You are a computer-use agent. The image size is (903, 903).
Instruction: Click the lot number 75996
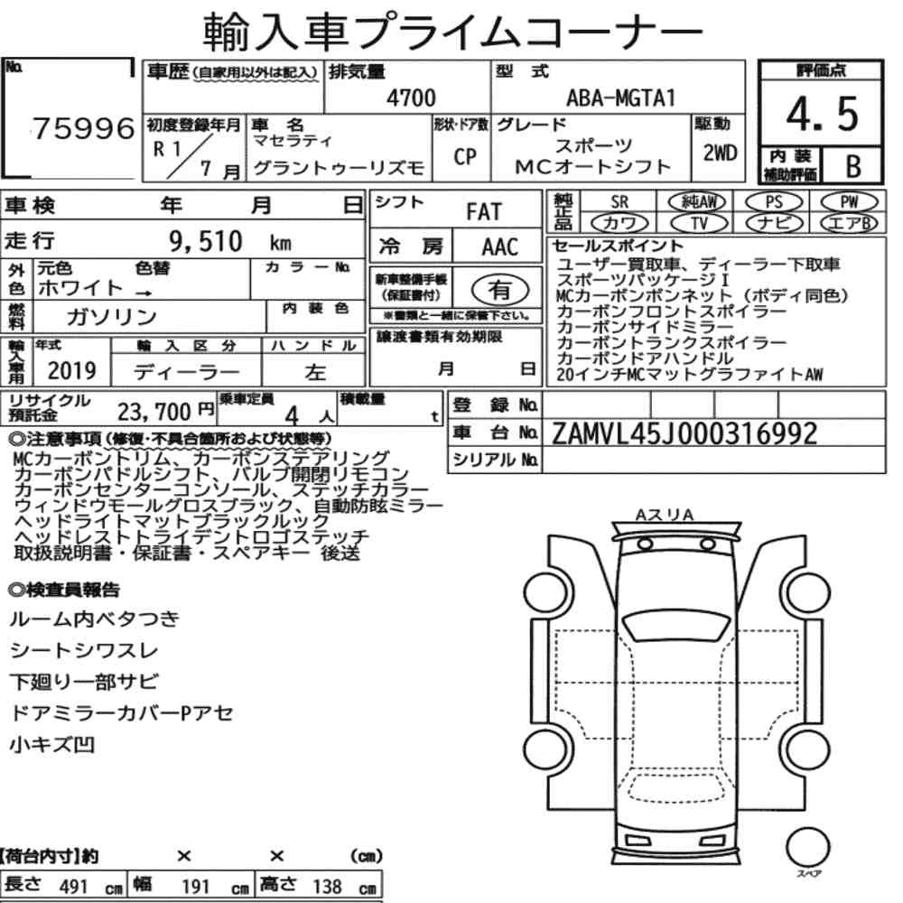point(83,128)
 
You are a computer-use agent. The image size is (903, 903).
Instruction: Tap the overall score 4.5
point(822,114)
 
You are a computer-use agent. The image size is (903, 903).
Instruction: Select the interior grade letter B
point(853,166)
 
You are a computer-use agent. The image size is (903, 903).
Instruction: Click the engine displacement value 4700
point(411,98)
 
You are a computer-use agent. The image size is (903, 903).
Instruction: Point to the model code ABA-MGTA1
point(620,98)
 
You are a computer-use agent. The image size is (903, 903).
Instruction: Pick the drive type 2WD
point(720,153)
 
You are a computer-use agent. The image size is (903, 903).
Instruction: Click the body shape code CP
point(465,156)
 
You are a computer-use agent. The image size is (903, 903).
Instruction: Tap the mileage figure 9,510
point(206,241)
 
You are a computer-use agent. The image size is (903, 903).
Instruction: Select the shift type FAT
point(484,211)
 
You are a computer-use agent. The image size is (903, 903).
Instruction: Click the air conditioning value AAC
point(500,247)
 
